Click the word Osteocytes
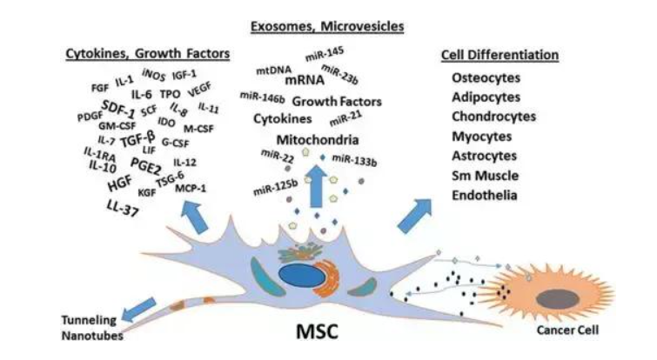click(x=481, y=79)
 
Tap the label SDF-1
click(x=119, y=109)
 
